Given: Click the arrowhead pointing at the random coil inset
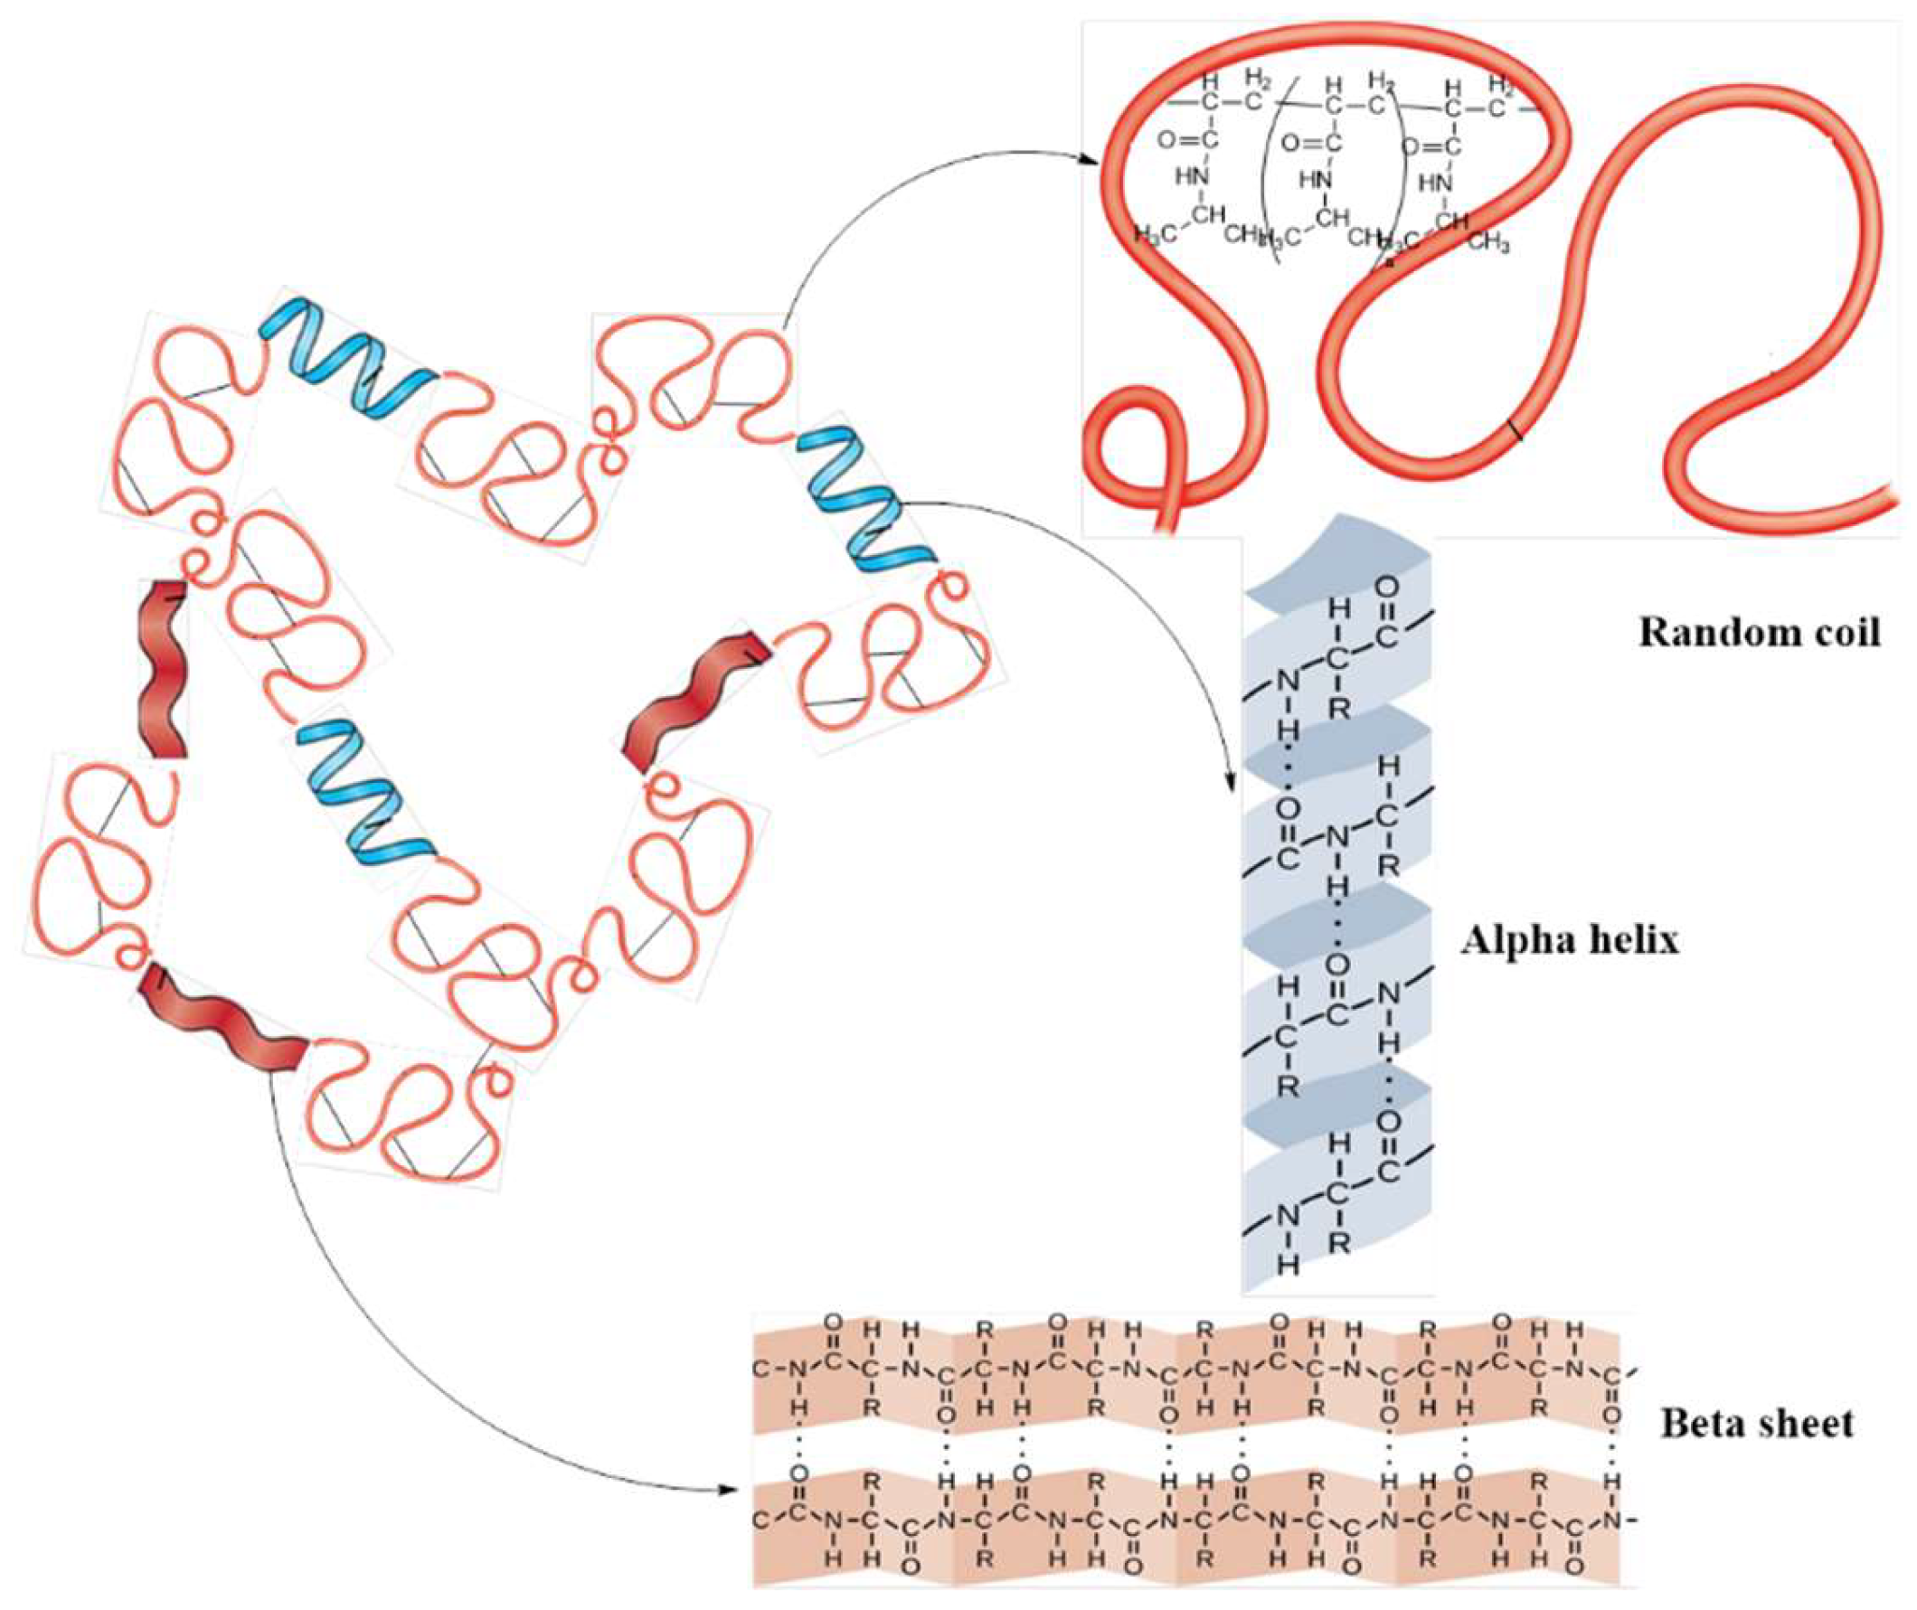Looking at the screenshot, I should (x=1088, y=162).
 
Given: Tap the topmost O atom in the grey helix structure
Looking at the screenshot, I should (x=1386, y=584).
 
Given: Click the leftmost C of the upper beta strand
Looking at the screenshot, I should (x=760, y=1369).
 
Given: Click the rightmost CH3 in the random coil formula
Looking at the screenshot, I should (x=1489, y=244).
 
